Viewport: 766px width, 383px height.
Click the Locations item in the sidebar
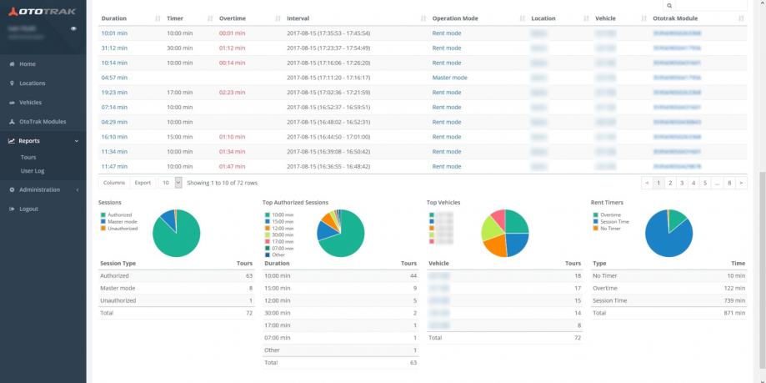pyautogui.click(x=33, y=83)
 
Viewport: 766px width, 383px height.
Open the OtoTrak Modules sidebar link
pyautogui.click(x=43, y=122)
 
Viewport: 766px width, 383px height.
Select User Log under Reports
pyautogui.click(x=33, y=170)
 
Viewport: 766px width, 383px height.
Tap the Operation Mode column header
pyautogui.click(x=455, y=18)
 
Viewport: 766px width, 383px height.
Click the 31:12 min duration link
pyautogui.click(x=113, y=48)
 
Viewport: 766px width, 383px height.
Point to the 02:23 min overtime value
pyautogui.click(x=232, y=93)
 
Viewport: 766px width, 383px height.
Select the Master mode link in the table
pyautogui.click(x=449, y=78)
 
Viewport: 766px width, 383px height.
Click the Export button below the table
pyautogui.click(x=143, y=182)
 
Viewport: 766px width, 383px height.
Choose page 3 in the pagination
pyautogui.click(x=681, y=182)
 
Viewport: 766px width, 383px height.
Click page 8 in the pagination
pyautogui.click(x=729, y=182)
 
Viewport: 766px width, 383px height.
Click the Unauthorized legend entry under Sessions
pyautogui.click(x=123, y=228)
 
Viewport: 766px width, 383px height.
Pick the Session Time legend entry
pyautogui.click(x=615, y=221)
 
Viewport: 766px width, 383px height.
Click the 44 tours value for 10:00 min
pyautogui.click(x=412, y=275)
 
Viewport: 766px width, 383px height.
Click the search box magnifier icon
pyautogui.click(x=669, y=5)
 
